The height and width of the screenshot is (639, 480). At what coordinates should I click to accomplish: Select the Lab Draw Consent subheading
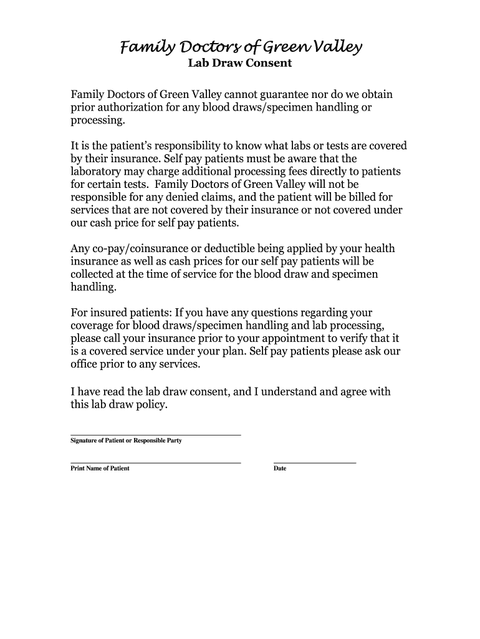point(240,64)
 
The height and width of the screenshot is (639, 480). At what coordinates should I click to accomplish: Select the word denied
point(176,197)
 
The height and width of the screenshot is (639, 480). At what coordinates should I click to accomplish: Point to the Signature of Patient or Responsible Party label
point(126,441)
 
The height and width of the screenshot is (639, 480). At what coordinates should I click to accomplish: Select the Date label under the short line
point(280,469)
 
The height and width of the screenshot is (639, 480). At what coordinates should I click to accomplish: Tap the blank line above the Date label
point(315,462)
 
